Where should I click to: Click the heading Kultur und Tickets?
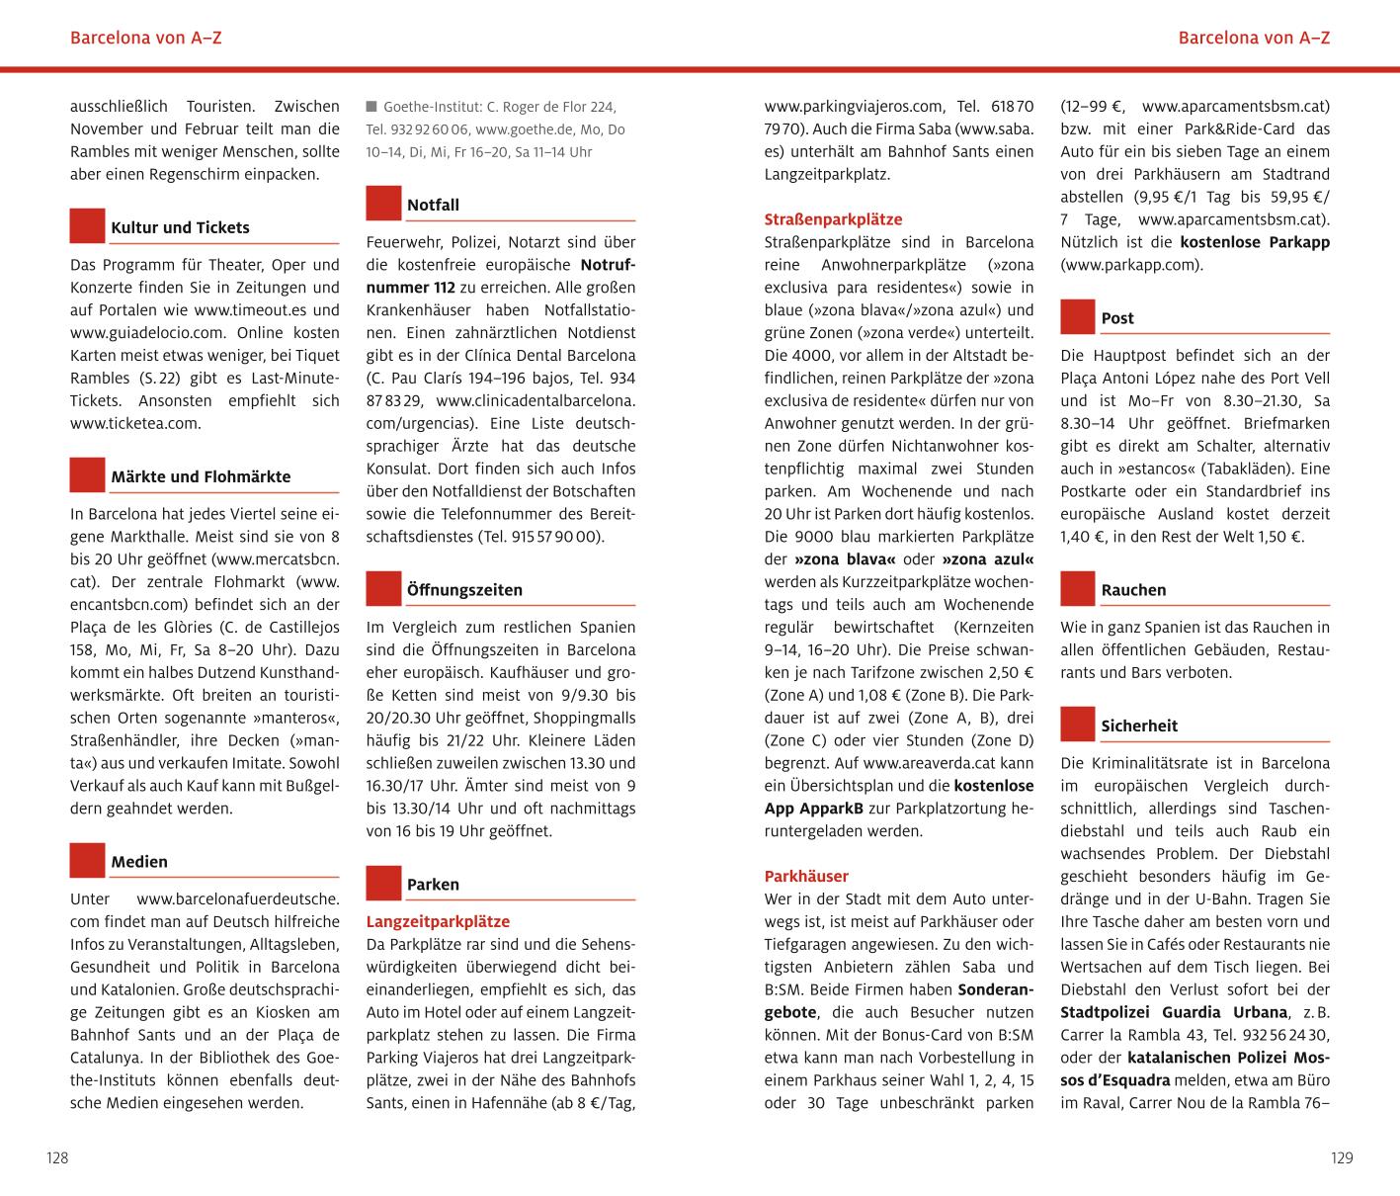[180, 227]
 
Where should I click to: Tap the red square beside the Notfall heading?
[383, 203]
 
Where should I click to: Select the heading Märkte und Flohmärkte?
[201, 476]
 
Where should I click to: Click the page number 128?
[57, 1157]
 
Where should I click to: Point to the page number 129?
[1341, 1157]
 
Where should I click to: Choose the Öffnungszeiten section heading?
[464, 590]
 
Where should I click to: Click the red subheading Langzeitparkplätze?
[438, 921]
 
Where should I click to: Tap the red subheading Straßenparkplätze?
[833, 219]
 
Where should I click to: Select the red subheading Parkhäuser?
[806, 876]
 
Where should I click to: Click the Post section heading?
[1117, 318]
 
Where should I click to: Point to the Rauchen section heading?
[1133, 590]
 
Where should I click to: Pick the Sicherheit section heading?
[1139, 726]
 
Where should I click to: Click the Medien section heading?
[139, 862]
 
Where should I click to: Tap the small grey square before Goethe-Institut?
[371, 106]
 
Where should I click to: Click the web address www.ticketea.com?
[135, 423]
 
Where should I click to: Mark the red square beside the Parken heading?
[383, 883]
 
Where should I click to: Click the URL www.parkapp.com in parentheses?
[1131, 265]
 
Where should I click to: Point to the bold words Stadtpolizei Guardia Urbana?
[1174, 1012]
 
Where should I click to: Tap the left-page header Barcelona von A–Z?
[146, 39]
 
